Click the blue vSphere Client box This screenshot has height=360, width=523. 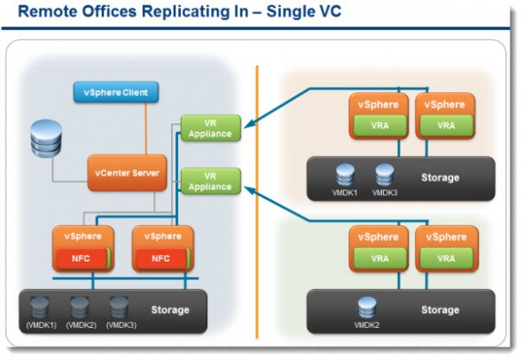(116, 90)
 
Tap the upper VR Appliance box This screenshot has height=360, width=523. (210, 128)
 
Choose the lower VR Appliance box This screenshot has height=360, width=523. (210, 181)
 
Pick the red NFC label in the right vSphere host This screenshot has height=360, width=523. (161, 259)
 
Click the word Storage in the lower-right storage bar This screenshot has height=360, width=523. (440, 310)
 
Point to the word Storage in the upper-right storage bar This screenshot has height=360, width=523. (440, 177)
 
